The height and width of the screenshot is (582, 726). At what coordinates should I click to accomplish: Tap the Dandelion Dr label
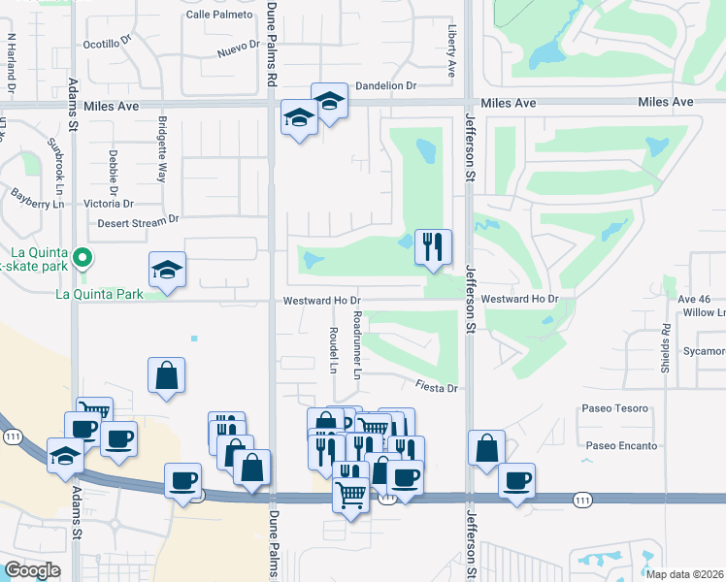[x=385, y=86]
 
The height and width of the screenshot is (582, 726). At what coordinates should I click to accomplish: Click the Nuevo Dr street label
[x=239, y=50]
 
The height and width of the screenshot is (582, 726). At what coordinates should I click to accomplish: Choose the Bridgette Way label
[x=162, y=150]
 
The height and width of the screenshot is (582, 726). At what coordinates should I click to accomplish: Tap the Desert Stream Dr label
[x=139, y=222]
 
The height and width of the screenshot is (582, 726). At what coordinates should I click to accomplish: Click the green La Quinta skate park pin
[x=83, y=258]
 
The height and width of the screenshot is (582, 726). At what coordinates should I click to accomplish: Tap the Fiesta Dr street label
[x=437, y=388]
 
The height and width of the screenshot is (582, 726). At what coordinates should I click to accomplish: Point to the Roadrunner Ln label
[x=357, y=344]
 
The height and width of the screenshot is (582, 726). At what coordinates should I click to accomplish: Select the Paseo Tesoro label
[x=614, y=408]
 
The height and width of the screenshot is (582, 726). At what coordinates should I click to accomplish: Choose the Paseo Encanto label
[x=621, y=446]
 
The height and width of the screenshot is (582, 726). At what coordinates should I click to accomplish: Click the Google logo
[x=32, y=570]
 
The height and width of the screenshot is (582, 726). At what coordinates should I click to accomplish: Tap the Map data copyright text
[x=685, y=574]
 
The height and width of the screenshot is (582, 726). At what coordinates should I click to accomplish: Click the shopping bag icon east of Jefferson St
[x=486, y=448]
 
